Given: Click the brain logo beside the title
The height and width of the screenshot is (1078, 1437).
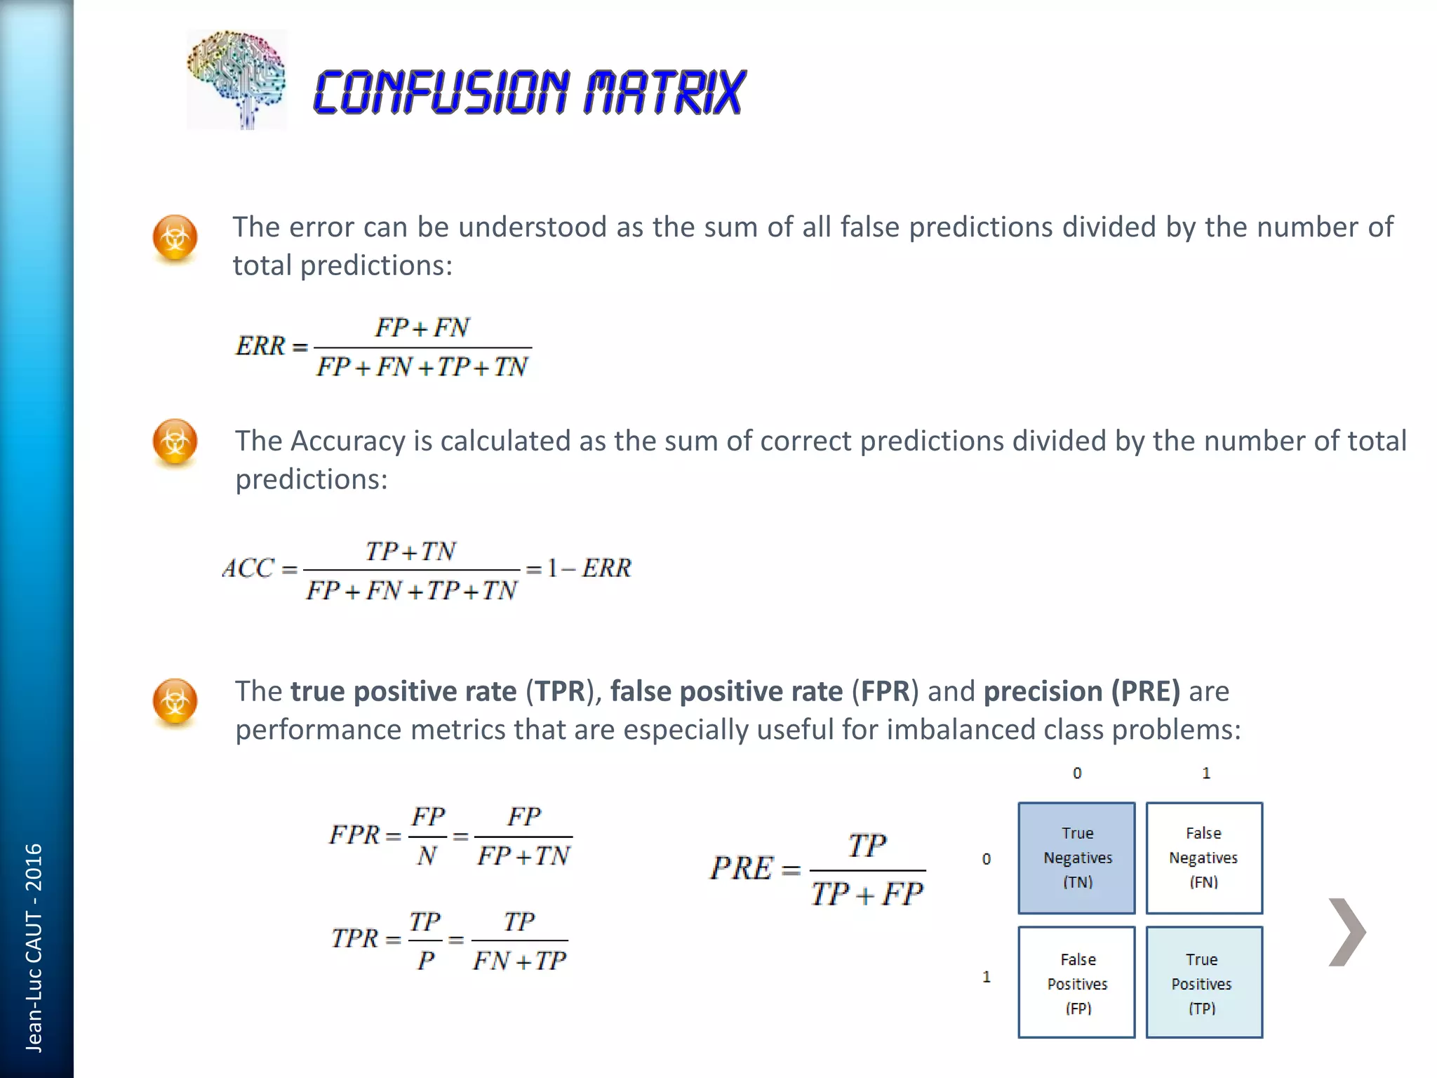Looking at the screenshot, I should coord(236,79).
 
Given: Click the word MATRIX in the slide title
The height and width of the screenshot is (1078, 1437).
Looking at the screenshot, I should coord(664,92).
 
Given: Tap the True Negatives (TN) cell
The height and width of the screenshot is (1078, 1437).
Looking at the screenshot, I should coord(1076,858).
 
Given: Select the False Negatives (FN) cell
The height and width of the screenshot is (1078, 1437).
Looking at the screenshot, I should coord(1204,858).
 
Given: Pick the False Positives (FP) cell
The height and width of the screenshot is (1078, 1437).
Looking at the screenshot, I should coord(1076,983).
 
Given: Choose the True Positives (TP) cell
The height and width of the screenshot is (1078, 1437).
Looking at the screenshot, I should coord(1204,983).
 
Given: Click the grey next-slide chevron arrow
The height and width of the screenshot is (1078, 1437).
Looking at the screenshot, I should coord(1347,932).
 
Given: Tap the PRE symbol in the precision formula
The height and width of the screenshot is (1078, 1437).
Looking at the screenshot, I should coord(742,869).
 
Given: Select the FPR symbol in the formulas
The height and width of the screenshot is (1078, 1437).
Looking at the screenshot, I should coord(355,835).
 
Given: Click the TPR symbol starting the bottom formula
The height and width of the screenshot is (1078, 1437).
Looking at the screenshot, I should coord(355,938).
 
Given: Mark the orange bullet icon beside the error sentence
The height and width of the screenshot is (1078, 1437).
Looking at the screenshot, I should coord(175,238).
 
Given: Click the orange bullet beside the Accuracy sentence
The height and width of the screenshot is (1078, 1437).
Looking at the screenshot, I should coord(175,442).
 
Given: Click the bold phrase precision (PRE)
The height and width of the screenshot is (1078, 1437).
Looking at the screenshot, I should coord(1082,691).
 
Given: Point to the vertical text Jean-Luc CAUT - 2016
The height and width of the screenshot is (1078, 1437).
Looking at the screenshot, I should coord(34,947).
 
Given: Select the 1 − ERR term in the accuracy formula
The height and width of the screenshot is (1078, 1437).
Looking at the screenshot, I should coord(589,568).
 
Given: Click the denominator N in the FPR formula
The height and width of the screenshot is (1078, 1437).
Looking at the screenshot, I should coord(427,856).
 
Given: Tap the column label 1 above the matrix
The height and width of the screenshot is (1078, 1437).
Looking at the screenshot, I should coord(1206,773).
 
